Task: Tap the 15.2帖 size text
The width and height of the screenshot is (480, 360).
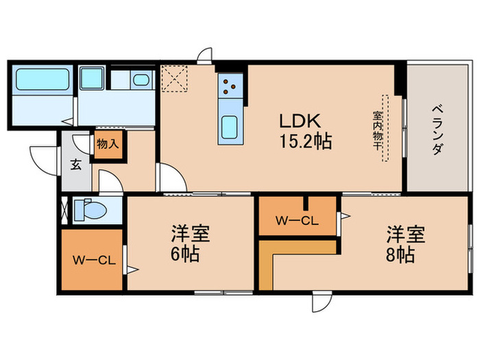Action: click(x=306, y=143)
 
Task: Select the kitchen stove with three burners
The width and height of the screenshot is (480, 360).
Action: click(x=228, y=86)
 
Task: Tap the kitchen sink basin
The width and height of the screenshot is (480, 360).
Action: click(x=228, y=128)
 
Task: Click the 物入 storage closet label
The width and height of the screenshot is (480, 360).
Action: click(x=107, y=145)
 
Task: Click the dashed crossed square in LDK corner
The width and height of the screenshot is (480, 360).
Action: click(x=174, y=77)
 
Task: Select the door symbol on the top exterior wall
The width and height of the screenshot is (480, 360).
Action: click(x=204, y=56)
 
